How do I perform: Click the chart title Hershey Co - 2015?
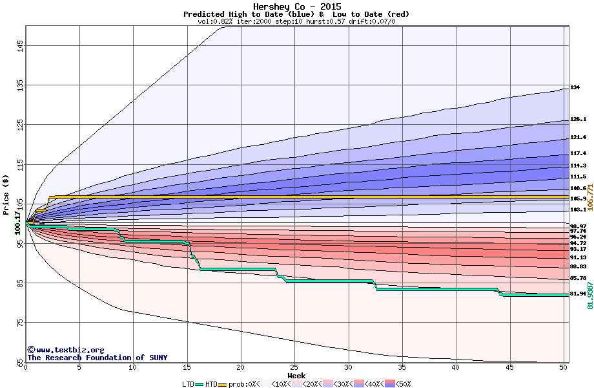[x=297, y=6]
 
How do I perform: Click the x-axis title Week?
[x=296, y=376]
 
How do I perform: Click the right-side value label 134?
[x=575, y=87]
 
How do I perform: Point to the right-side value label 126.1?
[x=578, y=120]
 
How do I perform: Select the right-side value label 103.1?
[x=578, y=210]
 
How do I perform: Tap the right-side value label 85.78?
[x=578, y=278]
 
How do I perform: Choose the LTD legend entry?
[x=188, y=384]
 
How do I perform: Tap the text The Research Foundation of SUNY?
[x=97, y=358]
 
